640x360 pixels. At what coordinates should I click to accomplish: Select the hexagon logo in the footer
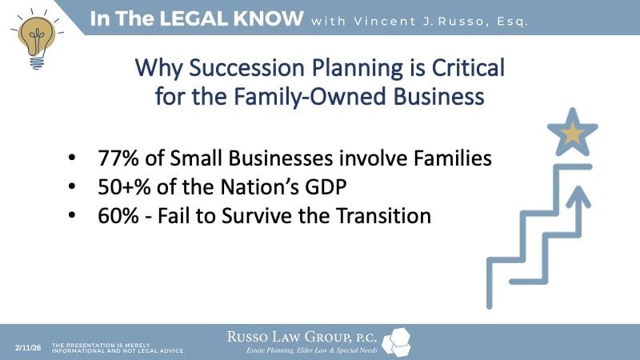pyautogui.click(x=397, y=342)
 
